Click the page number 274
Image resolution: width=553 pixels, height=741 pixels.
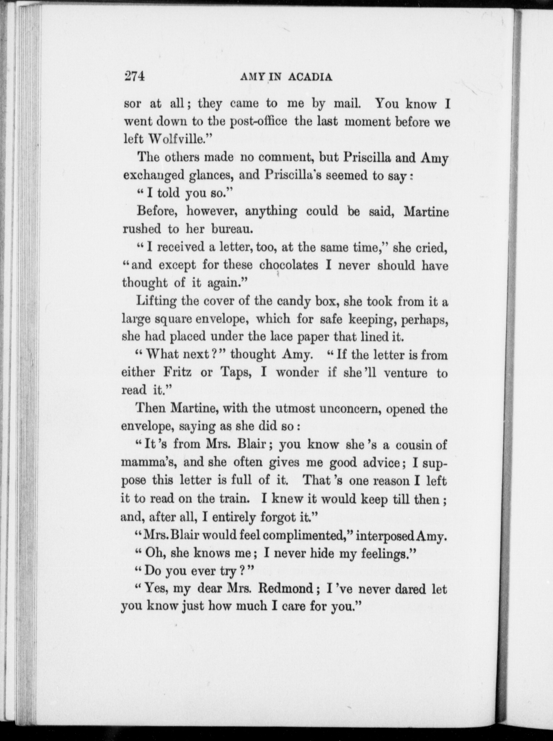pyautogui.click(x=134, y=77)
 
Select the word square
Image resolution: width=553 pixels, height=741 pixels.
pyautogui.click(x=172, y=319)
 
